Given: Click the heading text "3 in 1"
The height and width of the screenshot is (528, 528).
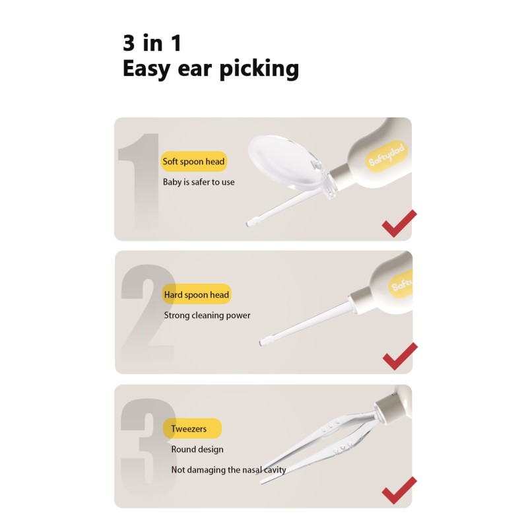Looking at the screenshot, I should click(152, 44).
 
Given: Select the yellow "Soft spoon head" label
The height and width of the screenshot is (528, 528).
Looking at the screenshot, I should click(193, 162).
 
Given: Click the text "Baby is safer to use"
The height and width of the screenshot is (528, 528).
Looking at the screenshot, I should click(199, 181).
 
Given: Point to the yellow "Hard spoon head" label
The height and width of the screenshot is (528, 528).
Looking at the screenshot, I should click(196, 295).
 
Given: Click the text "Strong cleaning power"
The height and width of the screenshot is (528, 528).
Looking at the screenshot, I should click(207, 315).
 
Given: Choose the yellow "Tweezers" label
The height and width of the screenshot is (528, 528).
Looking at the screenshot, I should click(189, 429).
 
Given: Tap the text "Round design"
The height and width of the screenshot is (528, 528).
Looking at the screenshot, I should click(197, 449).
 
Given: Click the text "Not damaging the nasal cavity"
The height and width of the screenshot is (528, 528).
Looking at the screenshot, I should click(228, 470).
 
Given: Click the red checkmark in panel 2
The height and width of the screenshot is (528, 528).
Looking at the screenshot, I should click(399, 356).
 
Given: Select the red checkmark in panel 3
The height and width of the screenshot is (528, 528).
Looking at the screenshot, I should click(399, 490).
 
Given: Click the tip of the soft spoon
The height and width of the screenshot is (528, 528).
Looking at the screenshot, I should click(250, 224).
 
